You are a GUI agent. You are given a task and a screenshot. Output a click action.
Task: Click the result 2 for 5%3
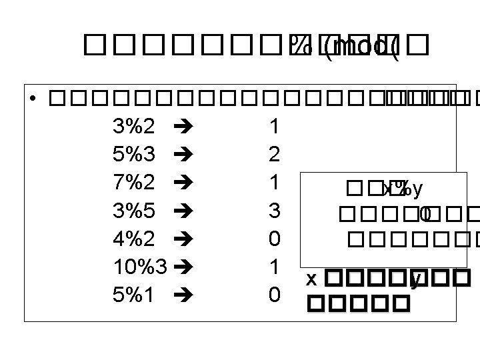pyautogui.click(x=273, y=154)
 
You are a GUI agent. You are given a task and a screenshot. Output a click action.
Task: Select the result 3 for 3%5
pyautogui.click(x=273, y=210)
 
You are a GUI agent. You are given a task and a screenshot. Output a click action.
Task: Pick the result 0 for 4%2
pyautogui.click(x=273, y=238)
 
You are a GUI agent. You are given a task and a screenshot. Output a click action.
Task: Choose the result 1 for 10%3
pyautogui.click(x=273, y=266)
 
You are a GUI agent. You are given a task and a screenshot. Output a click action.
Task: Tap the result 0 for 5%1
pyautogui.click(x=273, y=294)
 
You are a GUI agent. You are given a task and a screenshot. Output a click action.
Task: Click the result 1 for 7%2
pyautogui.click(x=273, y=182)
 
